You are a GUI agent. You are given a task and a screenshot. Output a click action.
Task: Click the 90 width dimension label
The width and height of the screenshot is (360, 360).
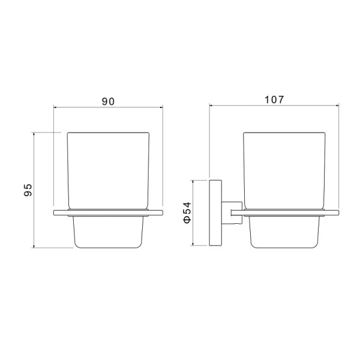(108, 101)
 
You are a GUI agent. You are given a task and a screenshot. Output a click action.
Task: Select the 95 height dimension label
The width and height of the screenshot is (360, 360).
(27, 190)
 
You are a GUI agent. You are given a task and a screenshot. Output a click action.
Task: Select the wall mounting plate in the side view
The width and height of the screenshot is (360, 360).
(214, 212)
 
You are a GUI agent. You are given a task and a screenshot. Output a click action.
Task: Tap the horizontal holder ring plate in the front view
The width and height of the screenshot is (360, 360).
(108, 212)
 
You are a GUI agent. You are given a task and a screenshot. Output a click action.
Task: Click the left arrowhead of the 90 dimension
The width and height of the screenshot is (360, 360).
(56, 108)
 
